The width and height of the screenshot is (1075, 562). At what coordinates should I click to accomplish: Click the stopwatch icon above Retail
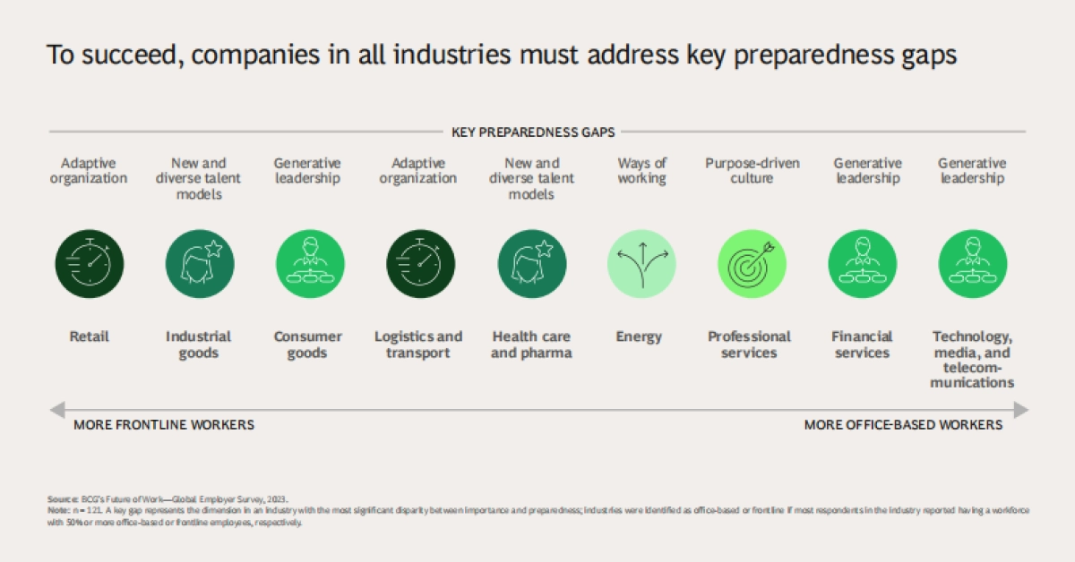coord(90,264)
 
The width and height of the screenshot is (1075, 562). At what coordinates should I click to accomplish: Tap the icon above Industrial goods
coord(199,264)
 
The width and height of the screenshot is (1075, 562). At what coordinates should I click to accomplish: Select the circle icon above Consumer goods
coord(308,264)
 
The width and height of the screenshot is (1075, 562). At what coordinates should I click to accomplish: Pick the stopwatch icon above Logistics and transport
coord(419,264)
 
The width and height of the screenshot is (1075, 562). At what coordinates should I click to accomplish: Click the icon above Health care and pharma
coord(531,264)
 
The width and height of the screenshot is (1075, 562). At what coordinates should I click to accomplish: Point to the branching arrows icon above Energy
coord(641,264)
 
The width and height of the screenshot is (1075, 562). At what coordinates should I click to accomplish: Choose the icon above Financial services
coord(862,264)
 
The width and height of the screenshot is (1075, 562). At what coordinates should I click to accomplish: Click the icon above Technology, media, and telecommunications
coord(972,264)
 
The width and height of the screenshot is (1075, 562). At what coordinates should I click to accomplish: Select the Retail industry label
coord(90,336)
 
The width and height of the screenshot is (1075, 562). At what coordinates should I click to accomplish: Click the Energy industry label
coord(639,336)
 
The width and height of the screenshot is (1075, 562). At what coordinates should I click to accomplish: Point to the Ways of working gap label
coord(641,170)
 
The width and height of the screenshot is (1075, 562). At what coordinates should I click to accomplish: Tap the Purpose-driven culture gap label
coord(752,170)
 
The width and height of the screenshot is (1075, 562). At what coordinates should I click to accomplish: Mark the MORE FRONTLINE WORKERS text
coord(164,425)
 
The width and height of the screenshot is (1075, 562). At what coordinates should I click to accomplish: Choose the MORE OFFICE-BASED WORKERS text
coord(903,425)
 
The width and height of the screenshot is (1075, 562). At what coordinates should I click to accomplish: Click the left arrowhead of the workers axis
coord(56,409)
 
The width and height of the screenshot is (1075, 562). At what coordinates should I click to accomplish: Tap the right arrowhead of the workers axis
coord(1021,409)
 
